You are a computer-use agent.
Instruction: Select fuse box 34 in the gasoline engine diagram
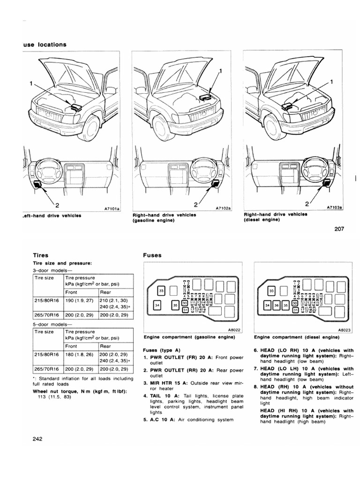157,307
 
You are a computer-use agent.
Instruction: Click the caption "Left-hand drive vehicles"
52,216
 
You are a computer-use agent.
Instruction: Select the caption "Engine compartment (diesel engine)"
296,337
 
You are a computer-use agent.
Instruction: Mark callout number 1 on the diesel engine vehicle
332,82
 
